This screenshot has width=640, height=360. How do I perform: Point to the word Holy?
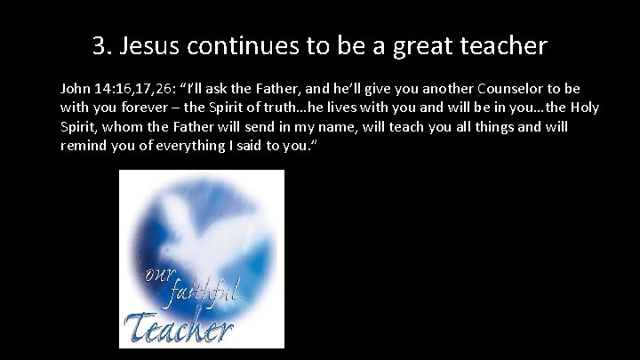pyautogui.click(x=583, y=108)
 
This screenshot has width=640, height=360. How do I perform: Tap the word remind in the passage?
pyautogui.click(x=84, y=145)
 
